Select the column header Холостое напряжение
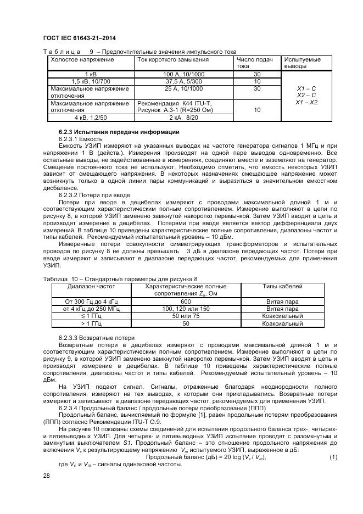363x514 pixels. [x=82, y=59]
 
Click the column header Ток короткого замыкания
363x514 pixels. [x=173, y=59]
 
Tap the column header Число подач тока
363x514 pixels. [x=255, y=63]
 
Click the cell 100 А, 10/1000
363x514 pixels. [x=183, y=74]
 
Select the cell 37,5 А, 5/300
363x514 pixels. [x=183, y=81]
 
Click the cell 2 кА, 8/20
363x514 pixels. [x=183, y=118]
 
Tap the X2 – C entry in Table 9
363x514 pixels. [x=306, y=96]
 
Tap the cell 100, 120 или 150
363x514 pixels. [x=186, y=309]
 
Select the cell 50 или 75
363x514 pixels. [x=186, y=316]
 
